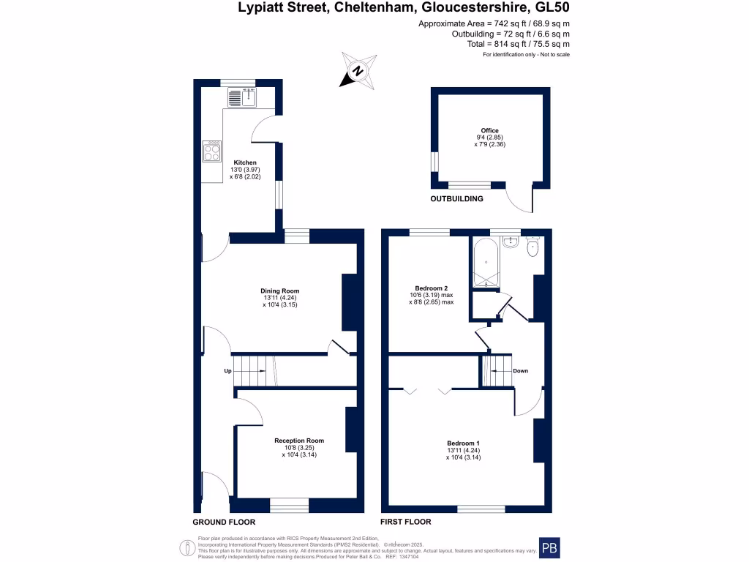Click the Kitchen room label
[245, 162]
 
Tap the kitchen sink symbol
[244, 96]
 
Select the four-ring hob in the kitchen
[212, 151]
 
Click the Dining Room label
[279, 291]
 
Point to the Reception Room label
[298, 441]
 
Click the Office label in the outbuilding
[489, 131]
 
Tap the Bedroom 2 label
[431, 288]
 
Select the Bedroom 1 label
[463, 443]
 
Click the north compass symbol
[358, 71]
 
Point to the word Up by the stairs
[227, 371]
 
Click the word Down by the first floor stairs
[520, 371]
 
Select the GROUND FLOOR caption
[224, 522]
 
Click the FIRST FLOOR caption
[405, 522]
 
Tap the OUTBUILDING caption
[456, 198]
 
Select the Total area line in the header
[519, 44]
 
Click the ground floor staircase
[252, 371]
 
